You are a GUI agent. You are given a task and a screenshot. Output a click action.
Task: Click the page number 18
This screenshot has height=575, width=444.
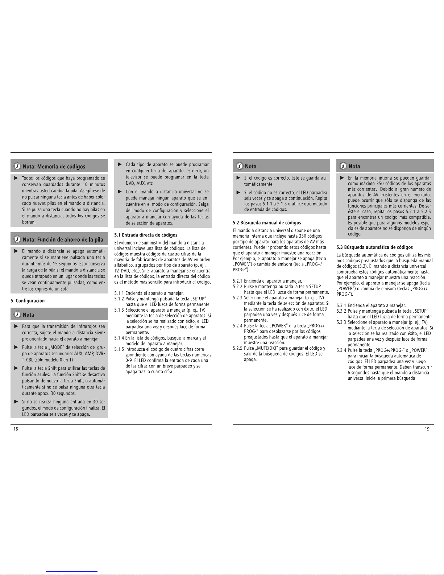[x=16, y=429]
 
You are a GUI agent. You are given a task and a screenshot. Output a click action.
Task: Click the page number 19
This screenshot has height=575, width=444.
[x=427, y=429]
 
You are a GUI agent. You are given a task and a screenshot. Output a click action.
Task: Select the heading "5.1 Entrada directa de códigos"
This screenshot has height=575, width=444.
[x=146, y=235]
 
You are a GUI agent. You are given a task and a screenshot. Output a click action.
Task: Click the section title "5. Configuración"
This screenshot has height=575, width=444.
[x=28, y=300]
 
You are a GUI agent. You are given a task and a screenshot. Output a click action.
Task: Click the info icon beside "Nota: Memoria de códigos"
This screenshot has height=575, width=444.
[x=17, y=166]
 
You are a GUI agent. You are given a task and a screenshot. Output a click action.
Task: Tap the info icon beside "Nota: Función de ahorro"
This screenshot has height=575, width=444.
[x=17, y=239]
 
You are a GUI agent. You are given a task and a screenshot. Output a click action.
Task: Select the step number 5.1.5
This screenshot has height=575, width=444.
[x=119, y=349]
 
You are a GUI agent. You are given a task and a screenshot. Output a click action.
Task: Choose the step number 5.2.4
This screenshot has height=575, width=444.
[x=238, y=325]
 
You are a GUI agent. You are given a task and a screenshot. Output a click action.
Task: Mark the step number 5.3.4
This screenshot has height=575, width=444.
[x=341, y=350]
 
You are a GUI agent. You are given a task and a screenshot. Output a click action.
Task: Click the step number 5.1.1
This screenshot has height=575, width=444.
[x=119, y=293]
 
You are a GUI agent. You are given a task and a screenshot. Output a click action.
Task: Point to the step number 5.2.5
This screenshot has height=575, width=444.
[x=238, y=348]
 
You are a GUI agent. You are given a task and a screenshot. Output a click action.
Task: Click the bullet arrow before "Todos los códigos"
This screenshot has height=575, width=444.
[x=16, y=178]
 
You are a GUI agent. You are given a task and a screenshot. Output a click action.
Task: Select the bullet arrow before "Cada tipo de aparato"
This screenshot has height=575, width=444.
[x=120, y=164]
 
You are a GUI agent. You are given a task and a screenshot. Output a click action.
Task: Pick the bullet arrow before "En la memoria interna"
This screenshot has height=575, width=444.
[x=342, y=178]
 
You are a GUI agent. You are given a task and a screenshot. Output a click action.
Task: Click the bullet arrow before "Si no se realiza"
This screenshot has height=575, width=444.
[x=16, y=402]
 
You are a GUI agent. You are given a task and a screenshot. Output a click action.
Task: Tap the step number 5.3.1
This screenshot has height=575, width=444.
[x=341, y=305]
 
